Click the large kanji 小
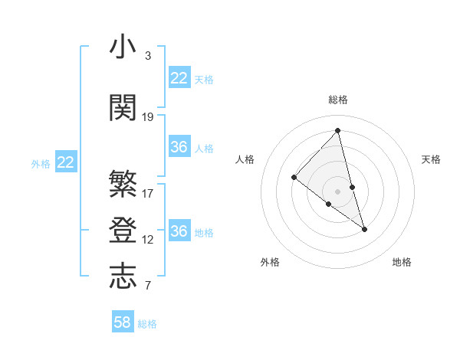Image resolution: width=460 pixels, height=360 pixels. (123, 47)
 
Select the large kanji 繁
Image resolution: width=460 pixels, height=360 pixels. (123, 184)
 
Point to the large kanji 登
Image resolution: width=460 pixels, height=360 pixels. (123, 231)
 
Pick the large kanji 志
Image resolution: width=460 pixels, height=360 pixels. (123, 277)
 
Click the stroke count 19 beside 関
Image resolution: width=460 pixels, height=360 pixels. (148, 117)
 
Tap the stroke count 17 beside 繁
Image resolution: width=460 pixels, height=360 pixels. (148, 194)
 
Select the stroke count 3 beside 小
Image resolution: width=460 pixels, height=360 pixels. (148, 56)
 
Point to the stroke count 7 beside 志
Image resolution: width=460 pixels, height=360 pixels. (148, 286)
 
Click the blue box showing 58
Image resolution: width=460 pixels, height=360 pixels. (123, 322)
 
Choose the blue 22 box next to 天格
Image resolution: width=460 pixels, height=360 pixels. (179, 78)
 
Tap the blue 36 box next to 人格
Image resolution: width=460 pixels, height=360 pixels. (179, 147)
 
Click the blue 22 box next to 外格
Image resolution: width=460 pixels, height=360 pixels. (66, 162)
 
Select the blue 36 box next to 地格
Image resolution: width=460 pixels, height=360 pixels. (179, 231)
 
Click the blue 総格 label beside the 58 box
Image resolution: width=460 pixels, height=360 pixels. (147, 324)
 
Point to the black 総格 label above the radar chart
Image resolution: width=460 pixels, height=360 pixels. (337, 100)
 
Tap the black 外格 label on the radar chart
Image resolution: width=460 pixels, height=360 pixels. (270, 262)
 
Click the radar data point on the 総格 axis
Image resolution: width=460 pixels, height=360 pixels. (337, 130)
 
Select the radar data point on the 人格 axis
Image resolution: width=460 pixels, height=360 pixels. (294, 177)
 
